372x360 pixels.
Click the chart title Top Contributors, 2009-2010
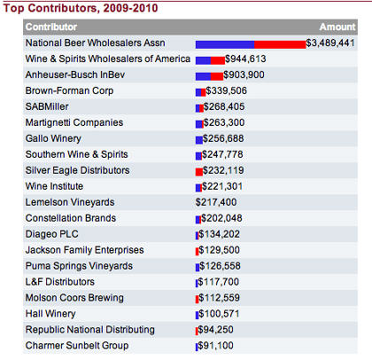coord(81,8)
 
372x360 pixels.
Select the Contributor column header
coord(51,27)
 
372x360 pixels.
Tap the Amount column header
coord(337,27)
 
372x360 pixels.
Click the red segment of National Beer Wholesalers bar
coord(280,44)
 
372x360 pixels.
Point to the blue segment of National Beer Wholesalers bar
coord(225,44)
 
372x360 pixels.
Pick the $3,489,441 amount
coord(330,43)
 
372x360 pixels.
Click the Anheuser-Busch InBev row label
coord(75,74)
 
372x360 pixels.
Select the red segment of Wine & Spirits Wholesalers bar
coord(218,60)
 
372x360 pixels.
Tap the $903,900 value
coord(244,74)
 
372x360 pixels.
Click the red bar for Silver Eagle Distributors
coord(199,172)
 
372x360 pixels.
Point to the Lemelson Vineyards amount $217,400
coord(216,202)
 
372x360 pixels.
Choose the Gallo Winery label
coord(53,138)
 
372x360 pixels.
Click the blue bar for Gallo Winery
coord(199,140)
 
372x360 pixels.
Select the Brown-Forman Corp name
coord(69,90)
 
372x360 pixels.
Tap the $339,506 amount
coord(226,90)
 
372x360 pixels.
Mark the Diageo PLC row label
coord(51,234)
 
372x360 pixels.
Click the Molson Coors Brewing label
coord(74,298)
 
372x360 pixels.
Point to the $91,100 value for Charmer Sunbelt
coord(215,346)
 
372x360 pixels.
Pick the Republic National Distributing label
coord(90,330)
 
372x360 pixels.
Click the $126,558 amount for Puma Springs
coord(220,266)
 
